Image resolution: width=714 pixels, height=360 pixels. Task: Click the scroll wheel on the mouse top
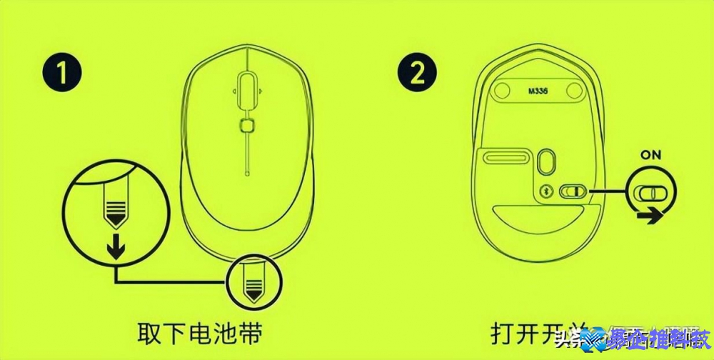coord(247,90)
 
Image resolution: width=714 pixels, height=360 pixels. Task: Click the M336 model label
coord(541,91)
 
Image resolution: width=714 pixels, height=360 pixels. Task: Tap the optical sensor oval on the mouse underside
coord(548,160)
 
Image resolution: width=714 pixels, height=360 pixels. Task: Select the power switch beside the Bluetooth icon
coord(573,192)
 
